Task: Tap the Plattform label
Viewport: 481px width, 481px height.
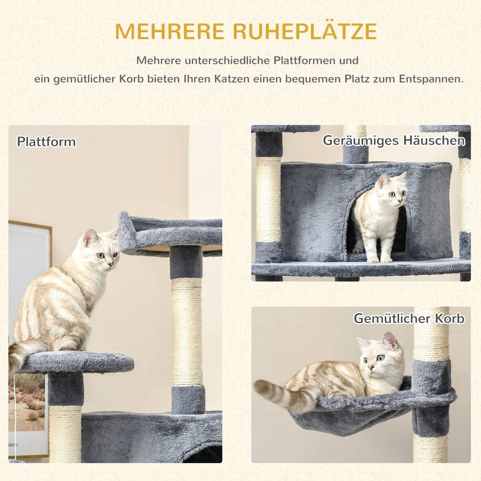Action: pos(46,142)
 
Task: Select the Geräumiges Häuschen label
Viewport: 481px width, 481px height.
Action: pos(394,141)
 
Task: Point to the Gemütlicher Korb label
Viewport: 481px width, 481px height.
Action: pos(409,318)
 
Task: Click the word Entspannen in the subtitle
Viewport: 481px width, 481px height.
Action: pos(431,79)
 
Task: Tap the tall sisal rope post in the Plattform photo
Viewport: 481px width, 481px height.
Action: pos(186,333)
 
